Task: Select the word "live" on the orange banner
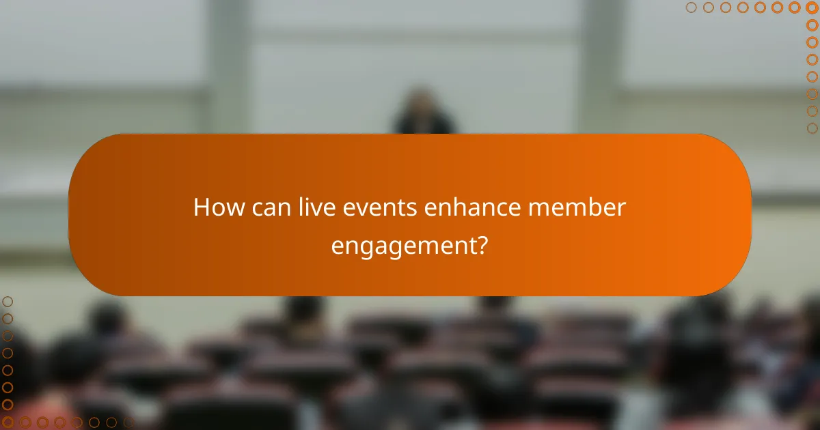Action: [312, 207]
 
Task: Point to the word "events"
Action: [371, 207]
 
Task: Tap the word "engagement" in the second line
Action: [402, 246]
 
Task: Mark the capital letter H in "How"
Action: [202, 207]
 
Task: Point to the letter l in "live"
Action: [299, 207]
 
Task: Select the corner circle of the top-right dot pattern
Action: [812, 8]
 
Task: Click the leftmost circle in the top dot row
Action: [691, 8]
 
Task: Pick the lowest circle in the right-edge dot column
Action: [812, 128]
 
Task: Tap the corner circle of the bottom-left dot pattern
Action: [8, 422]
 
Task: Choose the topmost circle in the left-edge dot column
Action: [8, 301]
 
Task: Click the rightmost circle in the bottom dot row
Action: [128, 422]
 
